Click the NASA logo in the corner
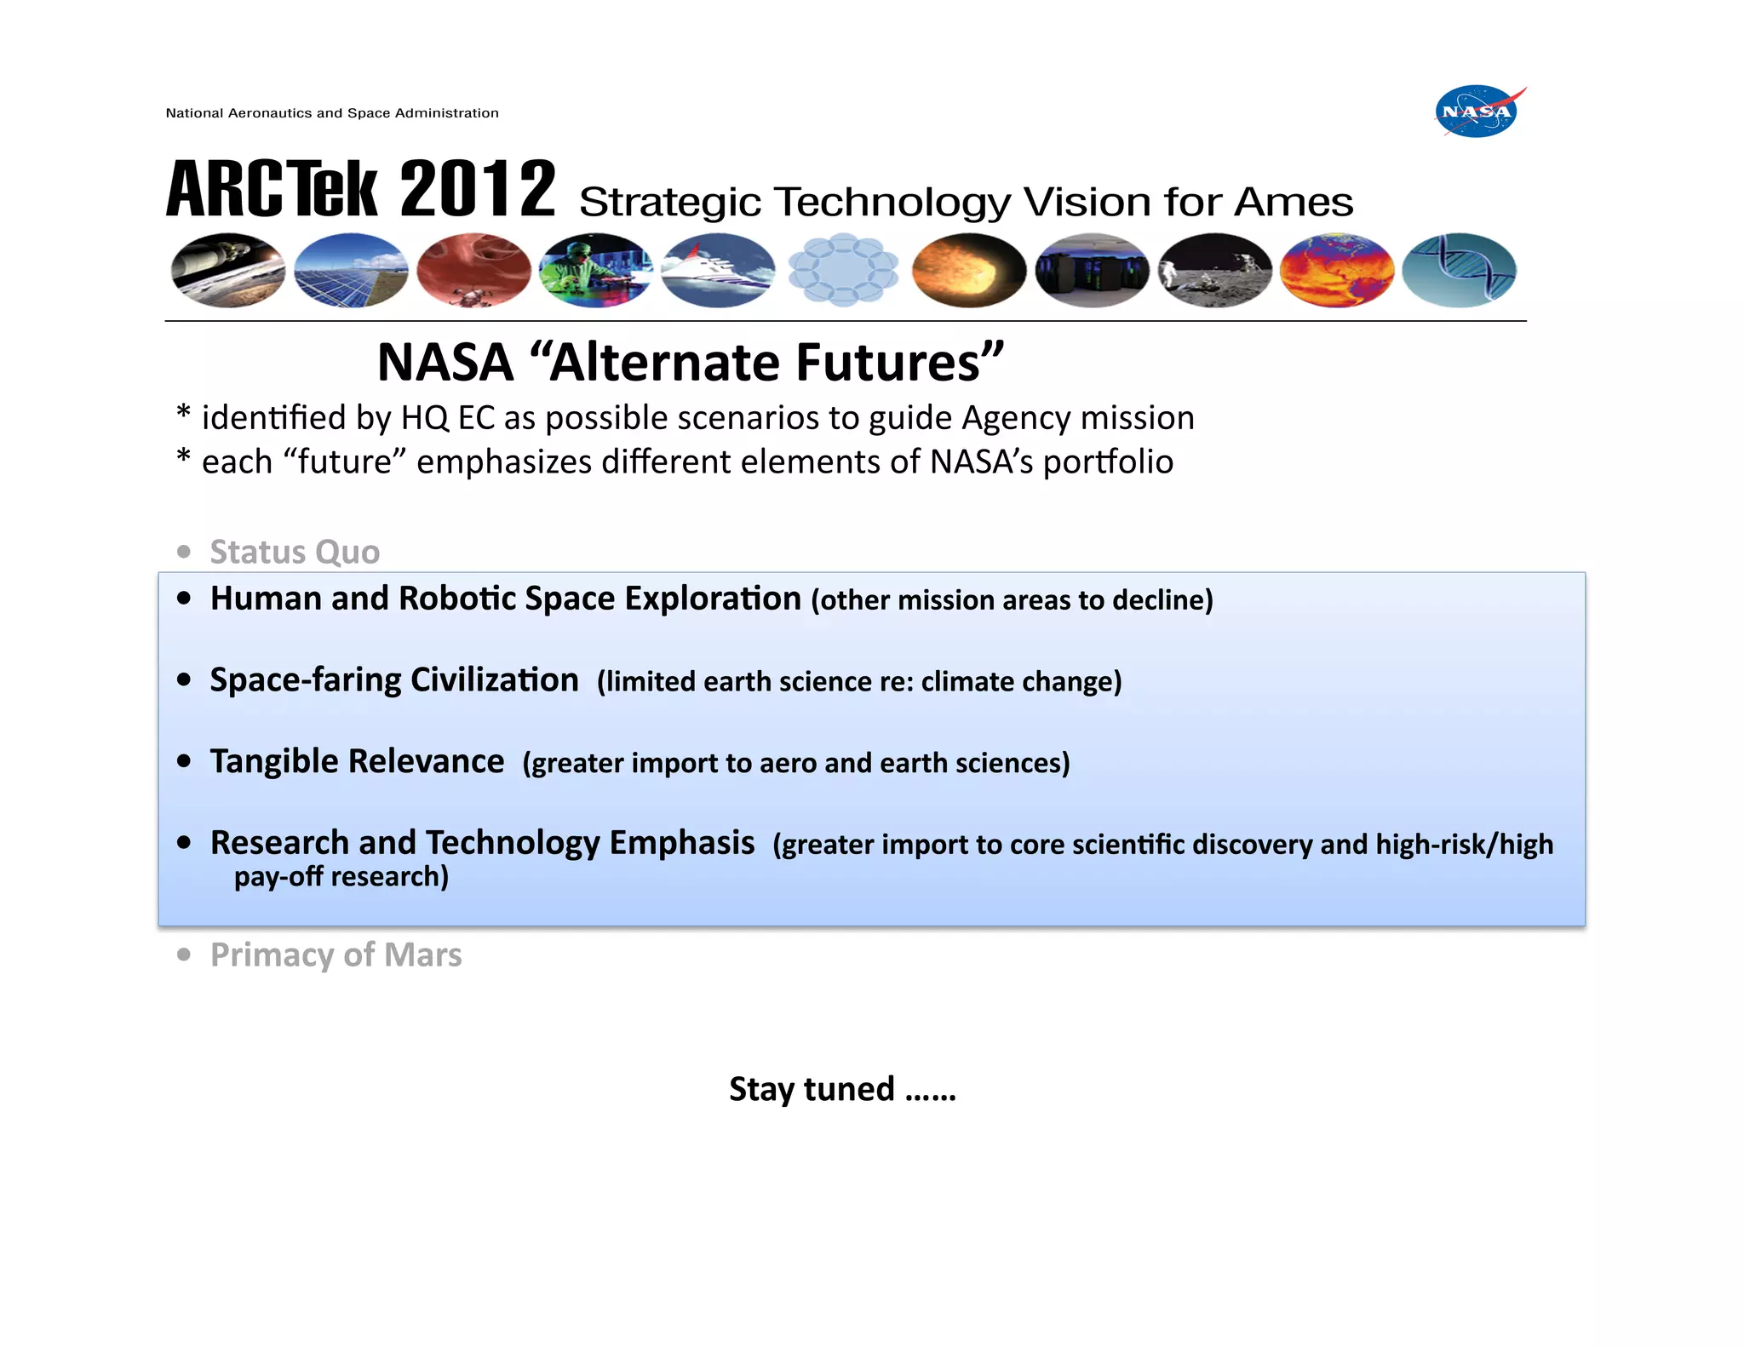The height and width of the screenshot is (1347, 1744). pos(1478,112)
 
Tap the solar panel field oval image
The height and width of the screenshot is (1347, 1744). pos(351,270)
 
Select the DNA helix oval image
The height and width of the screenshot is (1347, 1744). pos(1459,270)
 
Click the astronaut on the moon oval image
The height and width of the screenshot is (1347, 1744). pos(1215,270)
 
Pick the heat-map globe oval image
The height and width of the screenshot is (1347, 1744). pos(1337,270)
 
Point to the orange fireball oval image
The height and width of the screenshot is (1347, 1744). pos(968,270)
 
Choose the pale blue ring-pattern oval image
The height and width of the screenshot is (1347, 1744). pos(843,270)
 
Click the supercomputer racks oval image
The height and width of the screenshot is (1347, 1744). pos(1092,270)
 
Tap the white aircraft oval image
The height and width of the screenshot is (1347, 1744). pos(719,270)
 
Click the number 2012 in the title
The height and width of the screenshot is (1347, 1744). pos(477,189)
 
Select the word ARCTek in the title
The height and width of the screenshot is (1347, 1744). pos(271,189)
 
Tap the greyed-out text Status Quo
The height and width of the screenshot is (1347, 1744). pos(295,552)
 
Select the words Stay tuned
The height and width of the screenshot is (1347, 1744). pos(812,1089)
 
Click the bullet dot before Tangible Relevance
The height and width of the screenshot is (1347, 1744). pos(184,761)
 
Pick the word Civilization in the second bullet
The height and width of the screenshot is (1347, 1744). pos(494,680)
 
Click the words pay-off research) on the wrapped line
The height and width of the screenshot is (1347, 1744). pos(341,876)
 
